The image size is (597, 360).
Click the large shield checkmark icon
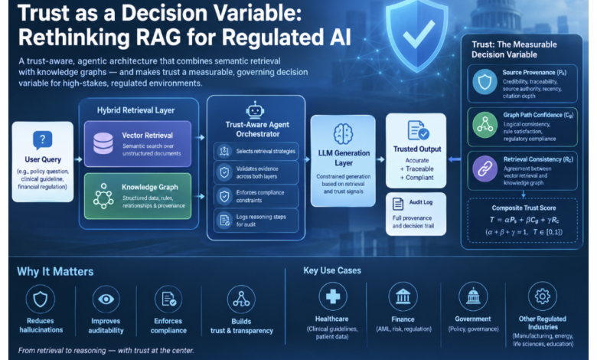416,35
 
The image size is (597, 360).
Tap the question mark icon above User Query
43,140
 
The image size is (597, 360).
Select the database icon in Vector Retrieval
103,144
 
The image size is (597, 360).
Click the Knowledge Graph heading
149,187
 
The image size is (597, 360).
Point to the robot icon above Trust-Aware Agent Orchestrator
255,110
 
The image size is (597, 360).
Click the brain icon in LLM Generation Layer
343,134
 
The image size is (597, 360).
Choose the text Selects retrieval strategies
266,151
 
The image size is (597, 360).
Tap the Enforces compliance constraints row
256,197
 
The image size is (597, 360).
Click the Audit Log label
421,202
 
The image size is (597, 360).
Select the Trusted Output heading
417,149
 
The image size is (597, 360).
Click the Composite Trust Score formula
524,220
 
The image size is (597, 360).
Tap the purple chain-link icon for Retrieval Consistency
484,169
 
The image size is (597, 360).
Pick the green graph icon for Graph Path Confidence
484,125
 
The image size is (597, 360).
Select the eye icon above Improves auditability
106,299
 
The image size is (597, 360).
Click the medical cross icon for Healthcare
333,296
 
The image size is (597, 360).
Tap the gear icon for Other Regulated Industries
543,296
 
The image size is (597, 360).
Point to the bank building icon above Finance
403,296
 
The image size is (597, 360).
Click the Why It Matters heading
55,272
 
